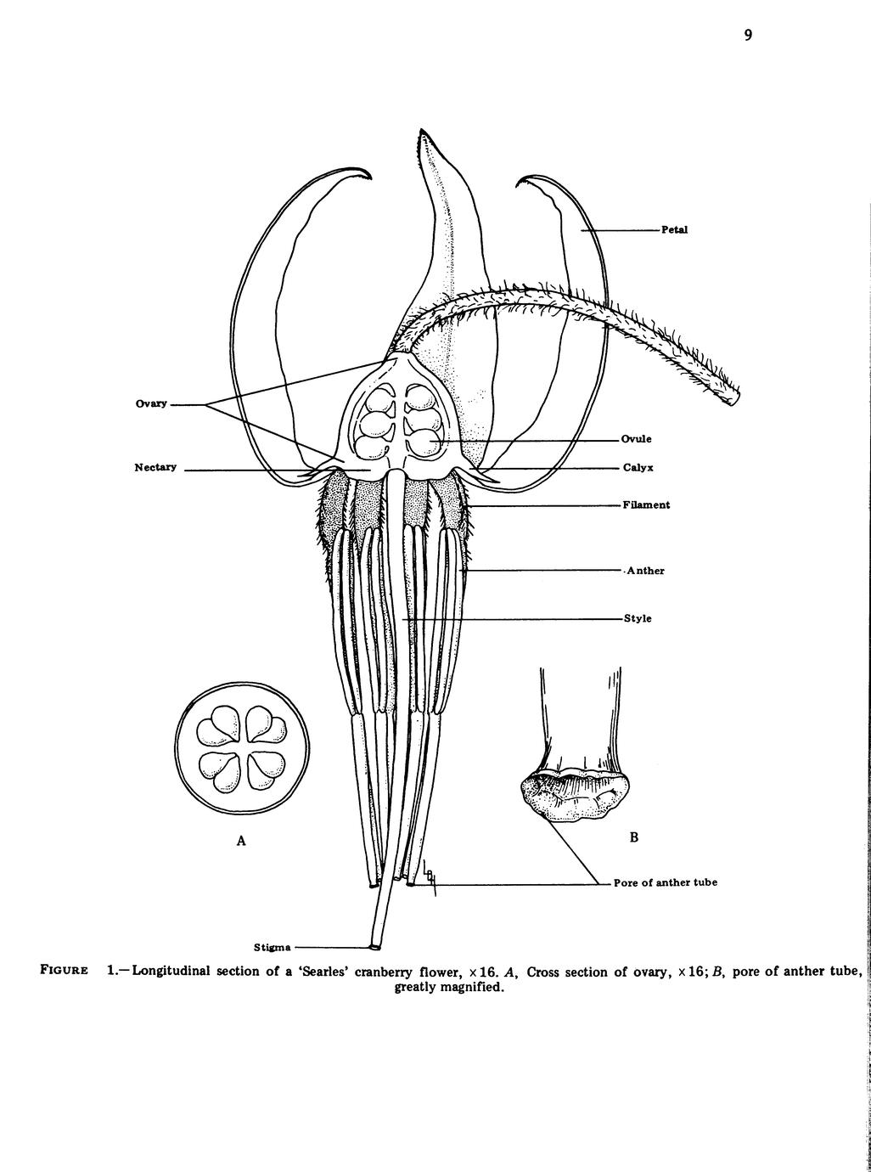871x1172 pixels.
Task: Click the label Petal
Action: point(675,230)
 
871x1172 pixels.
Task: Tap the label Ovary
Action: point(151,404)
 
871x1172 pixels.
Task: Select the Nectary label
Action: point(155,467)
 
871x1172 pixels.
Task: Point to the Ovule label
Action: point(636,439)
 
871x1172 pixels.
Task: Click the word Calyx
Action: point(638,468)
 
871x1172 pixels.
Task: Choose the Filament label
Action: point(646,505)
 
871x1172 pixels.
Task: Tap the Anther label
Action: point(645,571)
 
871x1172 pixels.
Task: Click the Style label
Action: point(638,619)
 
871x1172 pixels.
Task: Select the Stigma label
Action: point(272,948)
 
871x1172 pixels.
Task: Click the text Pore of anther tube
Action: point(666,883)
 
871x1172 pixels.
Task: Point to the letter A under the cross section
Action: point(241,841)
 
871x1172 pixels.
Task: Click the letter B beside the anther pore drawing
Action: point(634,837)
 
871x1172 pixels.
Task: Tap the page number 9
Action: point(748,35)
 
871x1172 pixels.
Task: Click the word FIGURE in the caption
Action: point(64,971)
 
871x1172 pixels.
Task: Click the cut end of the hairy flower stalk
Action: point(734,397)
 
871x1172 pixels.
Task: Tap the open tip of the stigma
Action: point(375,948)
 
